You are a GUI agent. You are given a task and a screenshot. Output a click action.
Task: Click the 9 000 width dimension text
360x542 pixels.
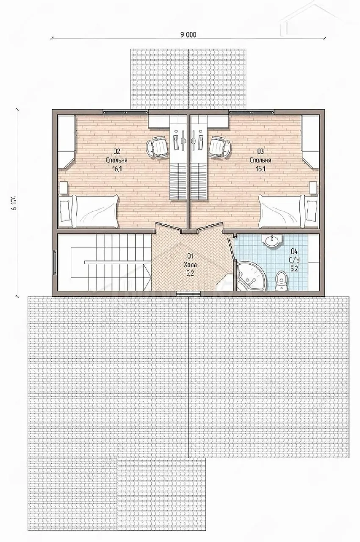(x=188, y=35)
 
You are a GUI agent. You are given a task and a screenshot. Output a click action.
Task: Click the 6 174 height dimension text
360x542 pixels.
(x=14, y=202)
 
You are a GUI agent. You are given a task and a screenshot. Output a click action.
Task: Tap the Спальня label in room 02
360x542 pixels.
(x=116, y=160)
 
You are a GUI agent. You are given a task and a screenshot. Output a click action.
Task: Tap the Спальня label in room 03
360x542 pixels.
(x=260, y=160)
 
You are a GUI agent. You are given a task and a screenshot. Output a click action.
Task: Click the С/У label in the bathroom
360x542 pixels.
(x=294, y=260)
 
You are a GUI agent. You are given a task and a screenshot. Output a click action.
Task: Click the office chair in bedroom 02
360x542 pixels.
(x=157, y=147)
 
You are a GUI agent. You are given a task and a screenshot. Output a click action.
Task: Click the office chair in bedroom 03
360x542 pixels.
(x=220, y=147)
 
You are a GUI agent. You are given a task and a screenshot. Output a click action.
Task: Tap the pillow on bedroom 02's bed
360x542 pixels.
(x=65, y=210)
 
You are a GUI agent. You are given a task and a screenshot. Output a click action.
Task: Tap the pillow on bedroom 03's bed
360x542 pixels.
(x=312, y=210)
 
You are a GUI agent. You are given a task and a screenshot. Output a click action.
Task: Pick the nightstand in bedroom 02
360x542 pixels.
(x=64, y=188)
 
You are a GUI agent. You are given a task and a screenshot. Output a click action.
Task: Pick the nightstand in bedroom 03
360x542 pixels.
(x=313, y=188)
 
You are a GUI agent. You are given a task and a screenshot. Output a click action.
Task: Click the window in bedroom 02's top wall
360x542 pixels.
(x=125, y=111)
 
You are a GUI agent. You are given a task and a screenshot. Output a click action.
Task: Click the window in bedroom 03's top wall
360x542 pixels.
(x=252, y=111)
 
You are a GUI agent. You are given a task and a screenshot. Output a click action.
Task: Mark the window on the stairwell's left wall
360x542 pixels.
(x=55, y=263)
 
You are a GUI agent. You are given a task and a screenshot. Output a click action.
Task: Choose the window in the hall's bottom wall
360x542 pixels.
(x=188, y=294)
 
